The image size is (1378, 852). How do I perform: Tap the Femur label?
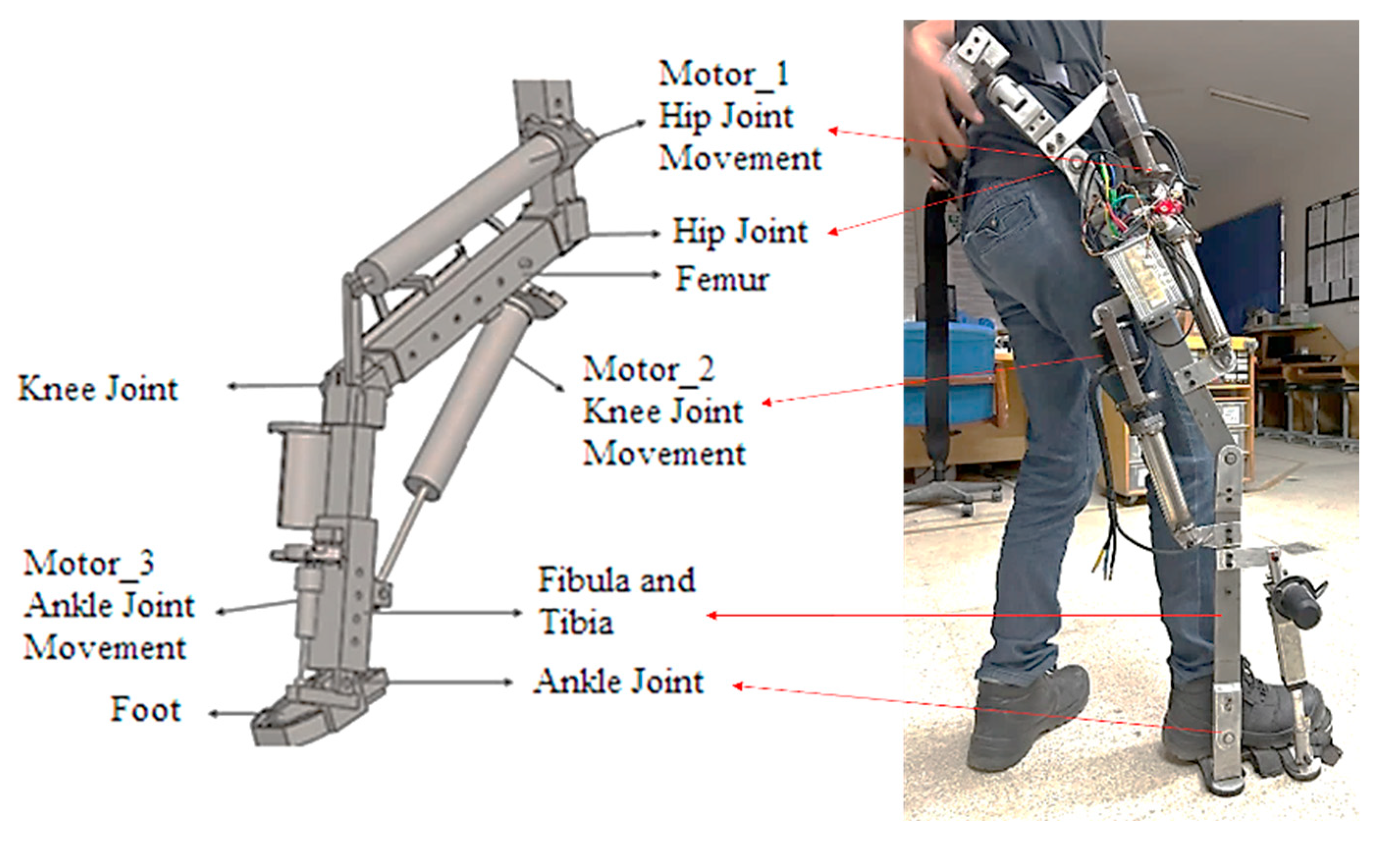tap(722, 278)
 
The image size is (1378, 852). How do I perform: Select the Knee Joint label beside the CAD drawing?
tap(98, 389)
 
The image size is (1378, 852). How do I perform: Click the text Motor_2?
tap(648, 369)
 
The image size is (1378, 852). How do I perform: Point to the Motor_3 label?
tap(88, 563)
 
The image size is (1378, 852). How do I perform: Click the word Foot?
tap(146, 710)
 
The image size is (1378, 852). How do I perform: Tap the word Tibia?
tap(576, 623)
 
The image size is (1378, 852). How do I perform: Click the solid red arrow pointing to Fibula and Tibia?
tap(958, 615)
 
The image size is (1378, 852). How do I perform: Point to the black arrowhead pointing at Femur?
tap(655, 274)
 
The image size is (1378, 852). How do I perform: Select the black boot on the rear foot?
tap(1025, 716)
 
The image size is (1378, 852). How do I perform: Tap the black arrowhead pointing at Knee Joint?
tap(231, 386)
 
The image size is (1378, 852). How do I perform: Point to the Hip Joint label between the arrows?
tap(740, 232)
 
